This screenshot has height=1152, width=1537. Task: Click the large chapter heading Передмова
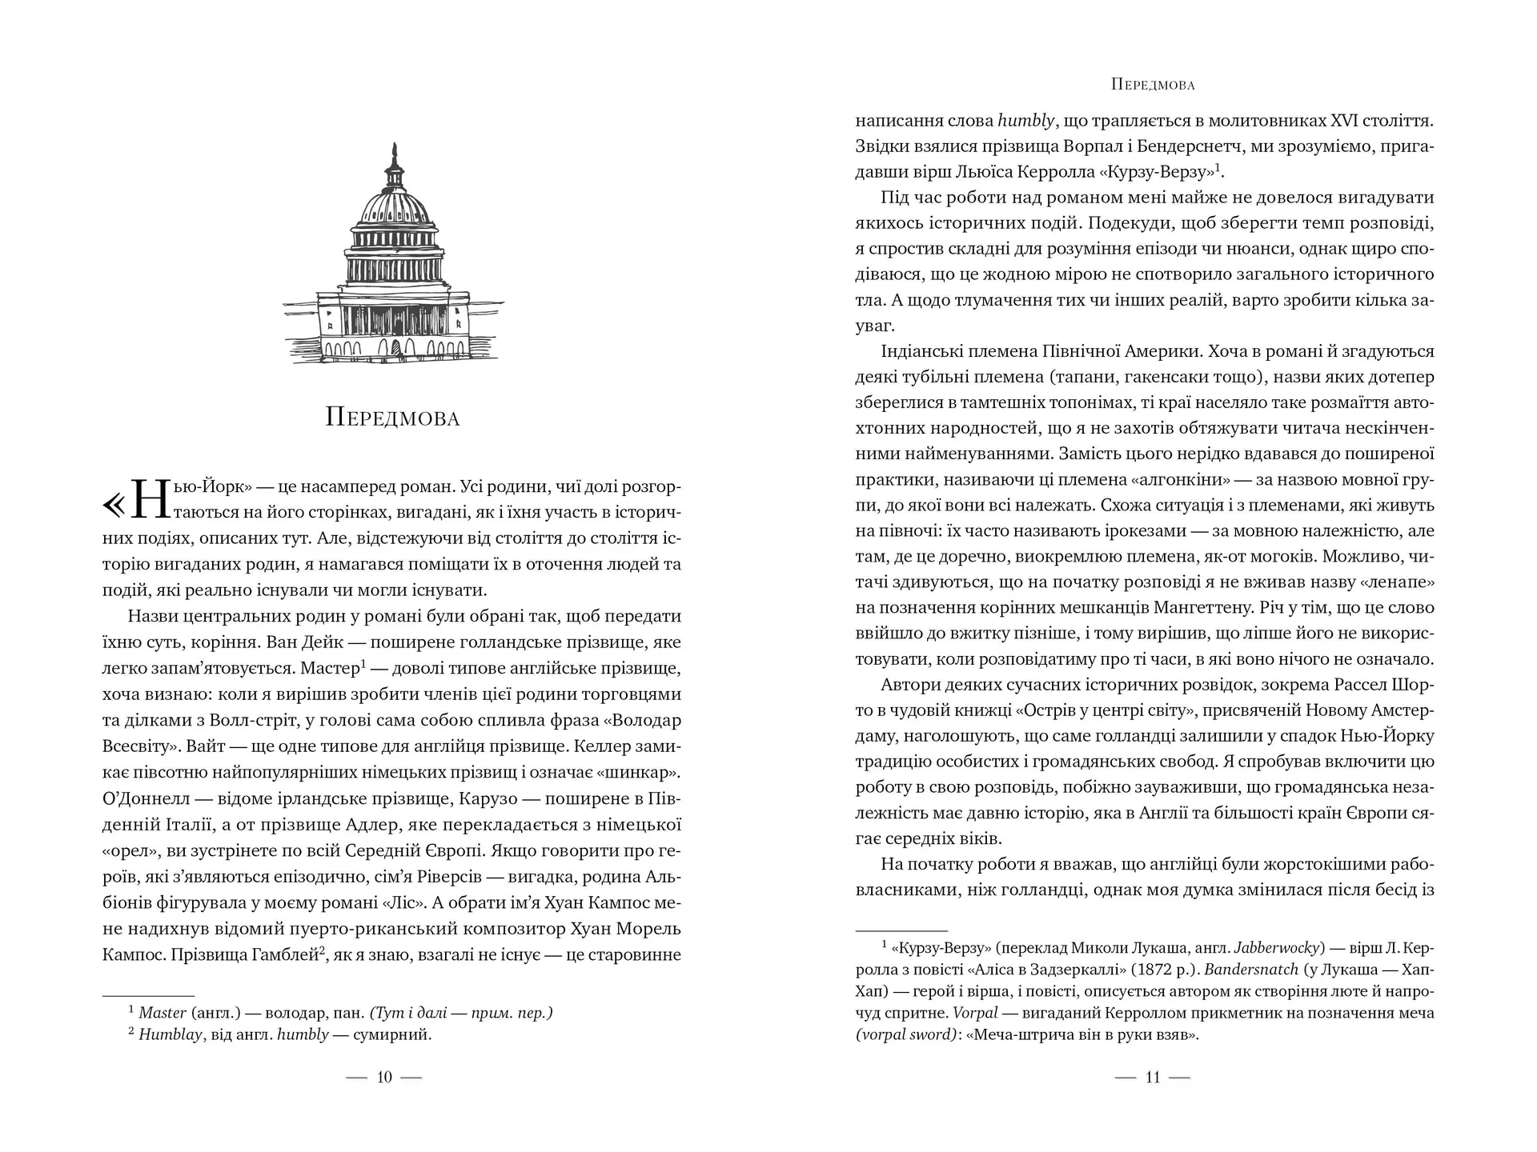392,418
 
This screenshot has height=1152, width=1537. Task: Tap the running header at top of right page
1153,84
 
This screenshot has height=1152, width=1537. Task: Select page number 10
384,1078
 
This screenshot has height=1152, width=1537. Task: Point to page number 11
1153,1078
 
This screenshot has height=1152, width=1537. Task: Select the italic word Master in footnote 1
163,1013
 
